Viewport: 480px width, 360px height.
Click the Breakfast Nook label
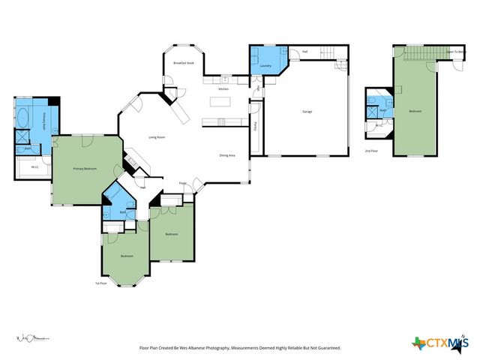coord(184,64)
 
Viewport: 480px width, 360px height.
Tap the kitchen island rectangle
coord(221,121)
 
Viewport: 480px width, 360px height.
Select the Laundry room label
coord(265,66)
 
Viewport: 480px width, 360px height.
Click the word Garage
coord(307,112)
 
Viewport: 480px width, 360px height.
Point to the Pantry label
coord(256,125)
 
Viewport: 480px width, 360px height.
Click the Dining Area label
coord(227,155)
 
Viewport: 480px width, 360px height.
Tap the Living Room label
coord(157,137)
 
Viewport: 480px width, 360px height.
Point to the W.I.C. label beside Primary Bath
coord(34,167)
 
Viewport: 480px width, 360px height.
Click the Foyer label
coord(182,183)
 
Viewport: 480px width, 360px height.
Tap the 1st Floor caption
coord(101,283)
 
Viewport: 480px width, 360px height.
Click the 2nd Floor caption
coord(370,151)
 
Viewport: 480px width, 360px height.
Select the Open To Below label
coord(457,52)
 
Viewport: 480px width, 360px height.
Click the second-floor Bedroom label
coord(415,111)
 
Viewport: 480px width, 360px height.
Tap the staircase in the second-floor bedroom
coord(420,53)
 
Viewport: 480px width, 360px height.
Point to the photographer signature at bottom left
coord(34,340)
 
